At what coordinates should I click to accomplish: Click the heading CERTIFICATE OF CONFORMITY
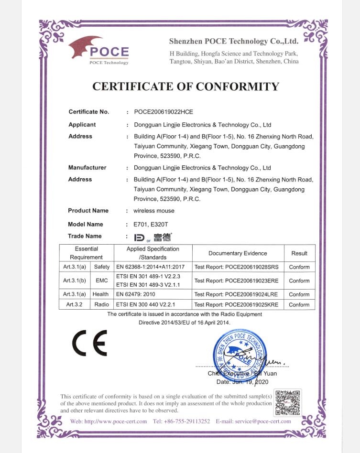click(x=185, y=86)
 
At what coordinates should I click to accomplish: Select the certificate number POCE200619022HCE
click(x=164, y=112)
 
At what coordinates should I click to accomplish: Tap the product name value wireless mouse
click(x=154, y=211)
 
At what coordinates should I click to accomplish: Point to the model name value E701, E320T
click(x=152, y=224)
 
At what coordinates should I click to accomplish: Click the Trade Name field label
click(x=85, y=236)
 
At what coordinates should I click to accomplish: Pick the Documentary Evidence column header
click(x=238, y=253)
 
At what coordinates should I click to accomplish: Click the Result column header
click(x=299, y=253)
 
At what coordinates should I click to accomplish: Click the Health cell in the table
click(x=100, y=294)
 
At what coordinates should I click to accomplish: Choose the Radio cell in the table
click(x=101, y=304)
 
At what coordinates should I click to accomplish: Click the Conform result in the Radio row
click(x=299, y=304)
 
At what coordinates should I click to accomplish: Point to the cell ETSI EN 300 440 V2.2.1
click(x=145, y=304)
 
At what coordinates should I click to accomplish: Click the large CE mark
click(x=89, y=343)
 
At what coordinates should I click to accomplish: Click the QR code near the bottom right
click(x=288, y=402)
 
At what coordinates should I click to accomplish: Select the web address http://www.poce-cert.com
click(x=115, y=421)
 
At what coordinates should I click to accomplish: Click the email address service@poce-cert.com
click(x=266, y=421)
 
